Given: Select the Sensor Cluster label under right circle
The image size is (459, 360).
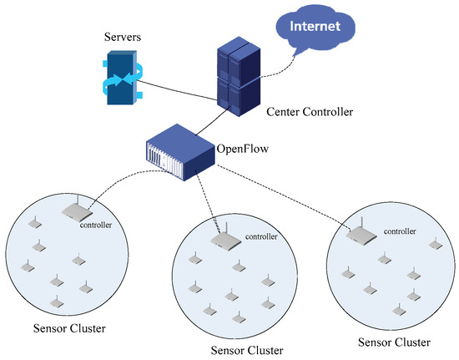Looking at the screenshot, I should [393, 342].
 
